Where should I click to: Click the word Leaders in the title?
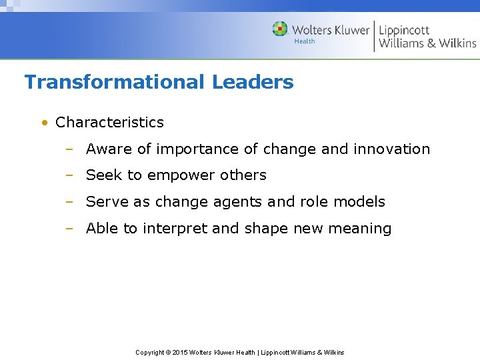253,82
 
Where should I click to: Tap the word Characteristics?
109,123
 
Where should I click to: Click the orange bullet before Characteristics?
43,123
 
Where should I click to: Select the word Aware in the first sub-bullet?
109,149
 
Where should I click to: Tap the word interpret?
174,229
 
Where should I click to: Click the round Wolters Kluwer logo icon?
280,29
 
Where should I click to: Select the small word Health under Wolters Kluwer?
305,41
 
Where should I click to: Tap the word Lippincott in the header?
404,30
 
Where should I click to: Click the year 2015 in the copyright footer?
180,352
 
